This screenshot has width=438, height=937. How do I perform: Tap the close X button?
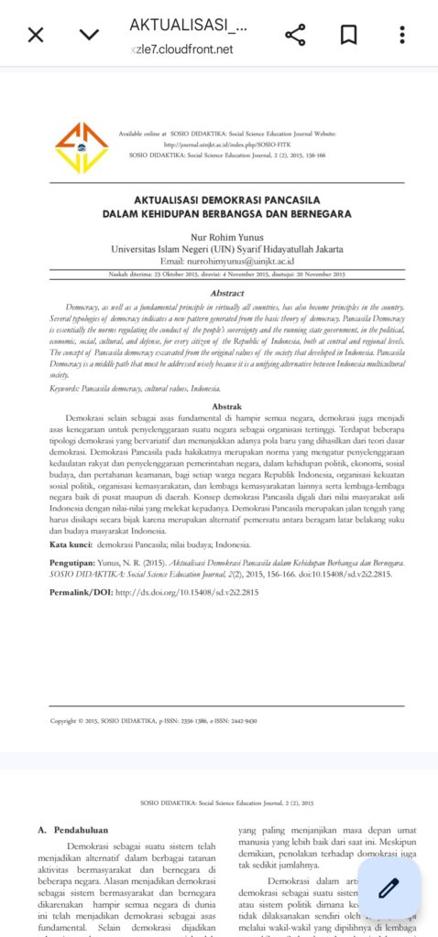click(x=35, y=35)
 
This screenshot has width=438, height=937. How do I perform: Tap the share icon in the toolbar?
click(x=295, y=35)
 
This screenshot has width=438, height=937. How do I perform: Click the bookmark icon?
click(x=348, y=35)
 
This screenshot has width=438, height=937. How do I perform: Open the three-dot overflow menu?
click(x=401, y=35)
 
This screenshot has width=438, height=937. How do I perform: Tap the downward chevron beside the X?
click(x=89, y=35)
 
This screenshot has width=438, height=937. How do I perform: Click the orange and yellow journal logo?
click(x=81, y=146)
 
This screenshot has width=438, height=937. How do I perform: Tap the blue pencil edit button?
click(x=389, y=888)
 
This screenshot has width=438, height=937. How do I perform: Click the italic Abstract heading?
click(x=227, y=292)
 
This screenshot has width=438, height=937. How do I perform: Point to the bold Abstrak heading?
click(x=227, y=404)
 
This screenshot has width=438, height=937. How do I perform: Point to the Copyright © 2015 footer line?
click(x=153, y=720)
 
